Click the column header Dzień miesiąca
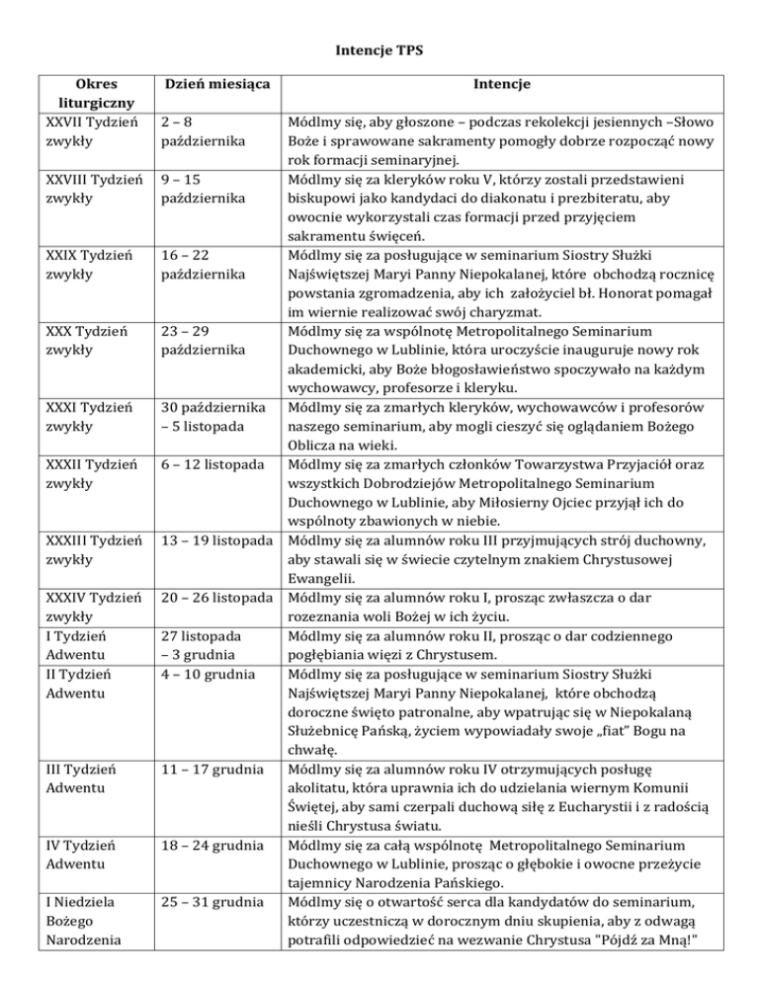coord(210,86)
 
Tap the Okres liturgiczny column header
coord(76,95)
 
